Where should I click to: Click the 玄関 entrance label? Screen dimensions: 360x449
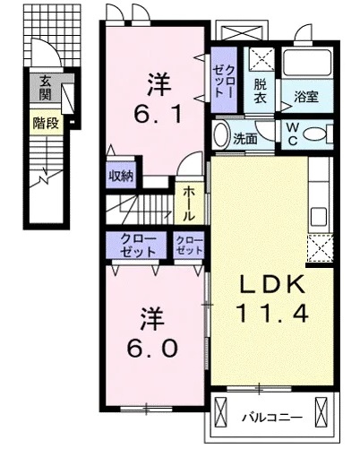pos(46,88)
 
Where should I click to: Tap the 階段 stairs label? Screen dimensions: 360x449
pos(46,123)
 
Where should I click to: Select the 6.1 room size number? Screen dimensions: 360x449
pos(158,115)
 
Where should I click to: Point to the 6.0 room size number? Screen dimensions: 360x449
pos(152,349)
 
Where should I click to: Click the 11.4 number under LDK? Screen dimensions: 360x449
pos(272,314)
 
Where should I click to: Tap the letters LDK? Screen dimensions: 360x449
pos(273,284)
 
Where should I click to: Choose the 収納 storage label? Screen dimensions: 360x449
pos(121,177)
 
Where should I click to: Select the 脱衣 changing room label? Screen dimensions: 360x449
pos(260,91)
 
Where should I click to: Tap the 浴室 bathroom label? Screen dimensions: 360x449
pos(306,97)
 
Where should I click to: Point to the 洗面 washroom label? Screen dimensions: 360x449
pos(245,139)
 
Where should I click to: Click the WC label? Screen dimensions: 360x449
pos(293,134)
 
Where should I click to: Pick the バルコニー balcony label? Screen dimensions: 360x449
pos(272,417)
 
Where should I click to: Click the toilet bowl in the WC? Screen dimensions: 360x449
pos(315,134)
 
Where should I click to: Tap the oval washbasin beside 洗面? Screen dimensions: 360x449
pos(221,134)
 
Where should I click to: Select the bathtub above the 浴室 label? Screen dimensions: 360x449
pos(307,63)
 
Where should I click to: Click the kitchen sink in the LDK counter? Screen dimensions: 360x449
pos(319,217)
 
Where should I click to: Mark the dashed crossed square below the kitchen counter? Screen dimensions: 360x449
pos(320,248)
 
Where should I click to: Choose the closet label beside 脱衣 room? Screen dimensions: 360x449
pos(224,81)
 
